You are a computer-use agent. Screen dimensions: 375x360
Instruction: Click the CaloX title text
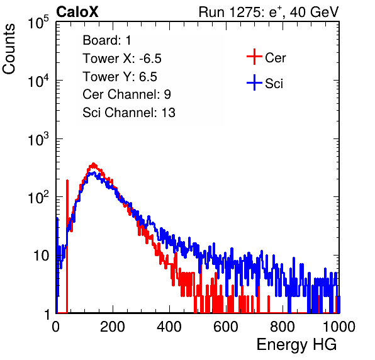(77, 12)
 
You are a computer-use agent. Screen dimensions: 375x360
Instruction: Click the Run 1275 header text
(269, 12)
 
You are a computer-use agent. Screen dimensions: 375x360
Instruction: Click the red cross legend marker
(254, 57)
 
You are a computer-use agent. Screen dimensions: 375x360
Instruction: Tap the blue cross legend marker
(254, 82)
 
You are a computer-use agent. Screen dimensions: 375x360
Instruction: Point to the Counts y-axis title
(9, 49)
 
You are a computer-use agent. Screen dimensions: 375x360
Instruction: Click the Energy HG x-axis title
(296, 345)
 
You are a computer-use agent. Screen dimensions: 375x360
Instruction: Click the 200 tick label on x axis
(113, 327)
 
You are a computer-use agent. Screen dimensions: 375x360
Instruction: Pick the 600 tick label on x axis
(226, 327)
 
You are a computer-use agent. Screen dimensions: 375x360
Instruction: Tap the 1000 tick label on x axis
(339, 327)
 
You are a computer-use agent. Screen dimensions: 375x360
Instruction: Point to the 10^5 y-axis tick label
(38, 23)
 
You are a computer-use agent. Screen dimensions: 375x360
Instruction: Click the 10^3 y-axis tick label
(38, 139)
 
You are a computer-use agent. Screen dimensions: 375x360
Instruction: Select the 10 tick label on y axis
(42, 256)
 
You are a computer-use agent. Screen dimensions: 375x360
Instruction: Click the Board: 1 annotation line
(107, 40)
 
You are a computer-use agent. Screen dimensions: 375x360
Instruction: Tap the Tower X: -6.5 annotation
(122, 59)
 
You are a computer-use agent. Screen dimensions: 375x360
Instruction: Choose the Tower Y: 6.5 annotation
(120, 77)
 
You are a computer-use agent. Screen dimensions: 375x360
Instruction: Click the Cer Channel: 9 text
(126, 94)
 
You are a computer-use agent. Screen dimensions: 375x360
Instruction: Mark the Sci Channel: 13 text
(129, 113)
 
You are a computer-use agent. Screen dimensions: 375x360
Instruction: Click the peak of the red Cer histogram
(94, 164)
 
